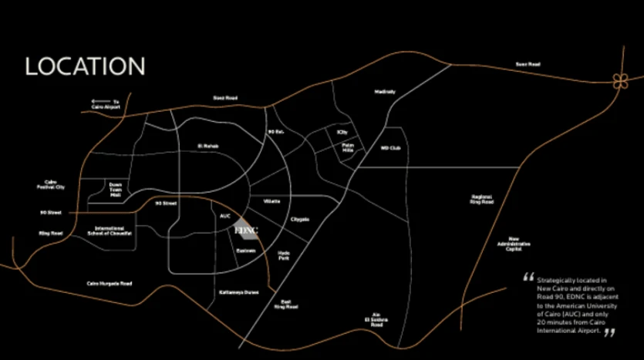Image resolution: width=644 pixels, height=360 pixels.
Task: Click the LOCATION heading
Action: click(x=85, y=66)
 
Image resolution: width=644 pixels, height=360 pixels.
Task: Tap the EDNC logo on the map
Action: click(x=245, y=230)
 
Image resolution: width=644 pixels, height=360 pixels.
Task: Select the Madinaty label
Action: click(x=384, y=92)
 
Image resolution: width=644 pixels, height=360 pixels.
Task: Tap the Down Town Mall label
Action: click(x=116, y=190)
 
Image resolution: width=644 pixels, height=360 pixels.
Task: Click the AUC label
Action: click(x=225, y=216)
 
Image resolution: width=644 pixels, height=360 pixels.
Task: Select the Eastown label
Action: click(x=245, y=251)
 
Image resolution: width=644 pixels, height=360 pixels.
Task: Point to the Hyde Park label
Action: click(x=284, y=254)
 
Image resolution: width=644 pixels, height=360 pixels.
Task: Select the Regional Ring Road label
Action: click(x=481, y=200)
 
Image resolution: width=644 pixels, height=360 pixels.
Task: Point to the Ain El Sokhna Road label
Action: click(x=376, y=320)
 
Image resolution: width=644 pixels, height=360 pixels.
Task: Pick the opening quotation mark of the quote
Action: click(x=528, y=276)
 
